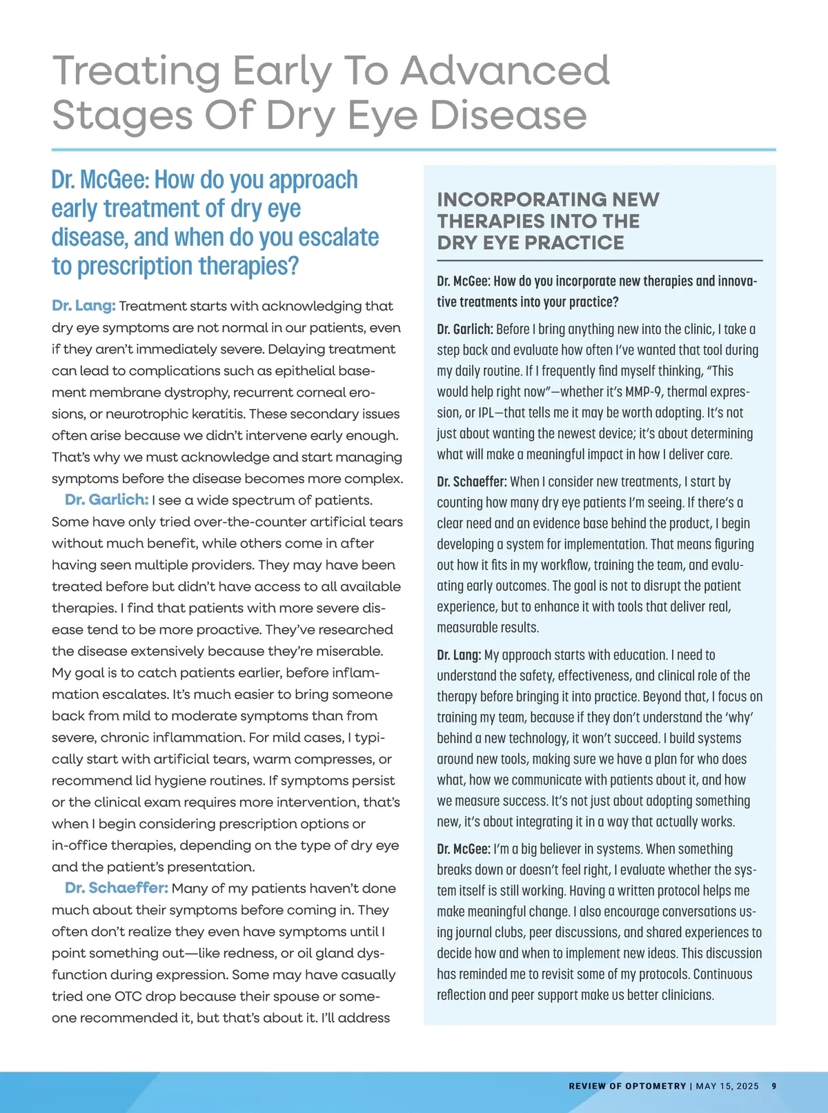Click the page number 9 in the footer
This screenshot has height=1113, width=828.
(x=774, y=1086)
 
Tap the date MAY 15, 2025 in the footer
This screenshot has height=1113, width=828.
(x=727, y=1086)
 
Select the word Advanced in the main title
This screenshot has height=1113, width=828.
(x=506, y=71)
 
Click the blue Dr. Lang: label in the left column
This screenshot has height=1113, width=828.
(x=83, y=306)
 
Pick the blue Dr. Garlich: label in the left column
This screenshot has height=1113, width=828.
(x=106, y=500)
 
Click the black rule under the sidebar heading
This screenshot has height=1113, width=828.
(x=600, y=261)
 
